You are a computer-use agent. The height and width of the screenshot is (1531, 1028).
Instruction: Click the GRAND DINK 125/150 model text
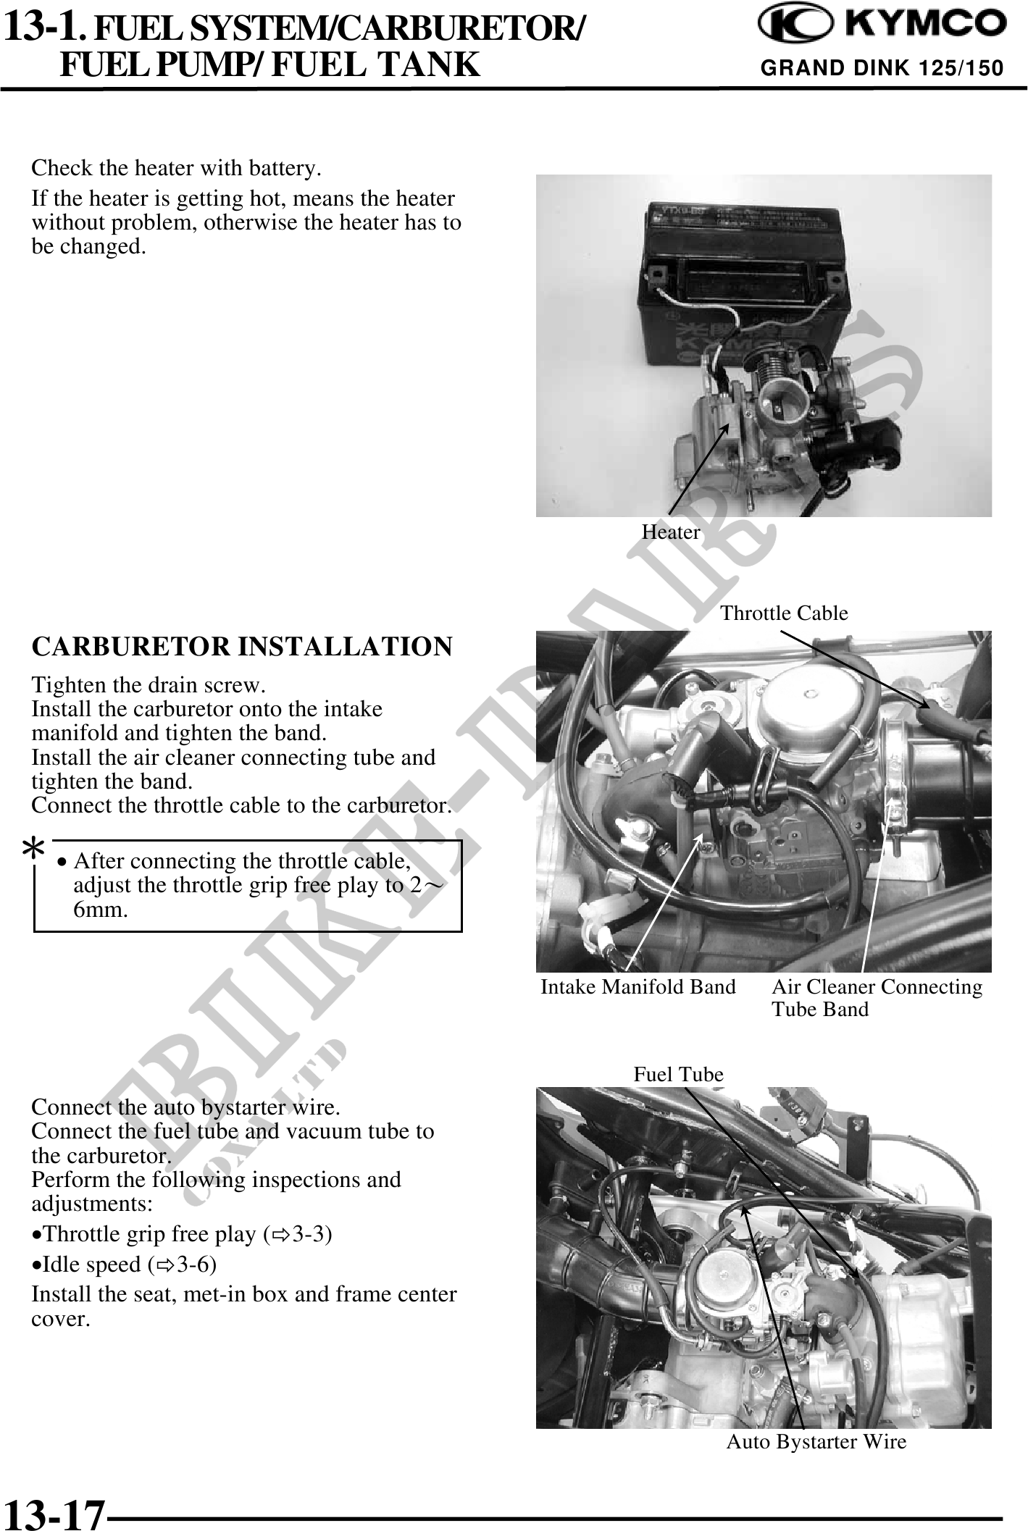pyautogui.click(x=882, y=68)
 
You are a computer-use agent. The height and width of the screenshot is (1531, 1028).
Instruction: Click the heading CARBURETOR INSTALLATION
pyautogui.click(x=242, y=645)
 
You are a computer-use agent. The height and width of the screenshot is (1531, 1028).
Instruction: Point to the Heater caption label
pyautogui.click(x=671, y=532)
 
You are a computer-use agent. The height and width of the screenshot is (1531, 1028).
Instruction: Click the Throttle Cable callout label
pyautogui.click(x=784, y=613)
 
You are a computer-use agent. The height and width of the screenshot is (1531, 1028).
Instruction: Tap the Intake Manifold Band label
pyautogui.click(x=638, y=986)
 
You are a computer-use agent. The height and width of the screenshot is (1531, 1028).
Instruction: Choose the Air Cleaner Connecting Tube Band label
pyautogui.click(x=877, y=997)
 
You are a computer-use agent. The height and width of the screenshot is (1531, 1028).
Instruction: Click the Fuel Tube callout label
pyautogui.click(x=678, y=1074)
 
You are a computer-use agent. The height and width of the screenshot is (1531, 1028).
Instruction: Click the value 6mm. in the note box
pyautogui.click(x=101, y=910)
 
